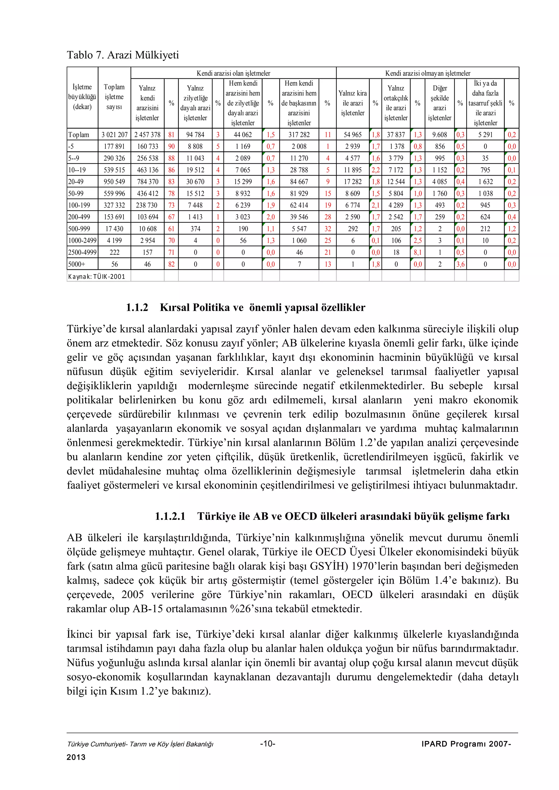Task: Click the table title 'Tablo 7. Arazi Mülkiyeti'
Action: pyautogui.click(x=123, y=55)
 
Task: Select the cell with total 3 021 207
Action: pyautogui.click(x=114, y=135)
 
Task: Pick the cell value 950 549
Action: pyautogui.click(x=114, y=182)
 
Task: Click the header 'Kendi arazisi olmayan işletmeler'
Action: pyautogui.click(x=427, y=73)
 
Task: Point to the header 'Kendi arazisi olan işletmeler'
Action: pyautogui.click(x=233, y=73)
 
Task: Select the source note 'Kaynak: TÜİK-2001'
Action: pyautogui.click(x=97, y=276)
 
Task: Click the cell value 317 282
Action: pyautogui.click(x=299, y=135)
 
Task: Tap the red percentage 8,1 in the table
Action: pyautogui.click(x=417, y=252)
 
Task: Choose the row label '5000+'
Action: pyautogui.click(x=76, y=264)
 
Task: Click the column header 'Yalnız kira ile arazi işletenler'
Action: pyautogui.click(x=352, y=103)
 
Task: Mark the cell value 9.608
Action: pyautogui.click(x=439, y=135)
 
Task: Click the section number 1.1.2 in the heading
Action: pyautogui.click(x=137, y=307)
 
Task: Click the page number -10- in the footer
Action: pyautogui.click(x=267, y=744)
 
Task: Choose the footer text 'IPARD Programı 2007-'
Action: pyautogui.click(x=466, y=744)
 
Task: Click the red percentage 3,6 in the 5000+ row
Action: pyautogui.click(x=460, y=264)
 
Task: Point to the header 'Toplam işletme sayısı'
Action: pyautogui.click(x=114, y=97)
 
